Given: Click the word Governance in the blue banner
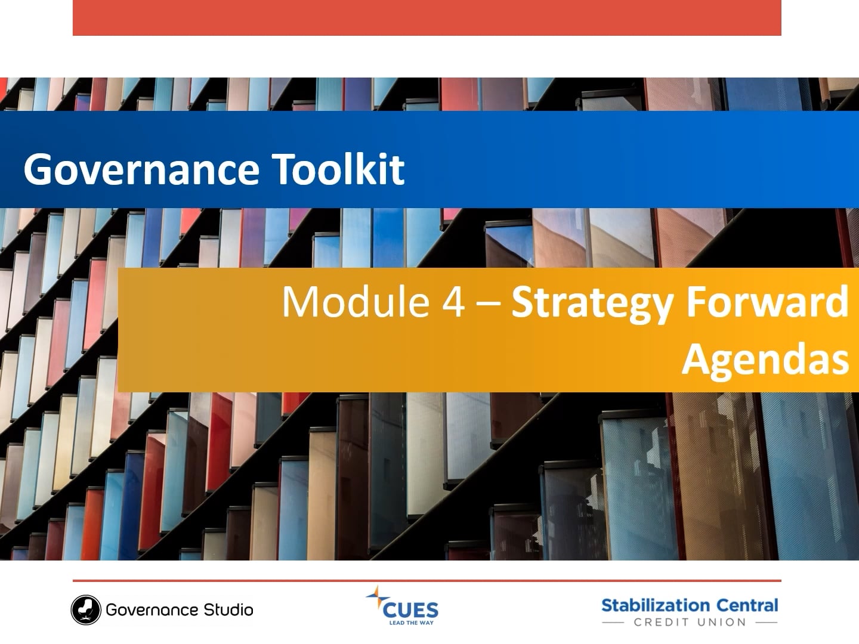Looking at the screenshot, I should [x=141, y=169].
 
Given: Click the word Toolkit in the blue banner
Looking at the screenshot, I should [x=339, y=169].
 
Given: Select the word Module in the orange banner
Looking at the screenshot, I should [x=356, y=302].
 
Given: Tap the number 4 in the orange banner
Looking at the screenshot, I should [x=454, y=302].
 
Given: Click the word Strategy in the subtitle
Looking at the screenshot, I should [x=594, y=303].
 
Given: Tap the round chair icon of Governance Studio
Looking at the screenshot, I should [x=86, y=610].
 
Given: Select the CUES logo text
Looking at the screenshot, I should [x=410, y=610].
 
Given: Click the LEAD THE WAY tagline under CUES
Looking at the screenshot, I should [x=411, y=623].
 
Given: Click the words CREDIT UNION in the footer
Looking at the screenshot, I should [x=690, y=623].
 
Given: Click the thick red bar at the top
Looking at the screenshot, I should [x=427, y=17].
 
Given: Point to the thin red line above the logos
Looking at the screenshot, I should [x=427, y=580].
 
